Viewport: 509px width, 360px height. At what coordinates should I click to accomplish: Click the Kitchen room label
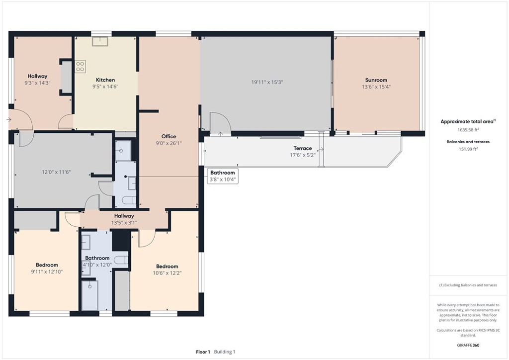point(105,80)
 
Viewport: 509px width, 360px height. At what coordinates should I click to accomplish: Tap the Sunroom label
point(376,80)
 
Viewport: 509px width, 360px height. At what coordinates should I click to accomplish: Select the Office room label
point(169,136)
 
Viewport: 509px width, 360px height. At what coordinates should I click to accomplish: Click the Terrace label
point(303,148)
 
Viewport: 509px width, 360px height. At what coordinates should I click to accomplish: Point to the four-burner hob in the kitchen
point(80,67)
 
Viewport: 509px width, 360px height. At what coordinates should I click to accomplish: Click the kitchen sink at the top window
point(100,41)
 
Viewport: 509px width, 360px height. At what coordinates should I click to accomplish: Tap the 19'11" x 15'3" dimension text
point(267,82)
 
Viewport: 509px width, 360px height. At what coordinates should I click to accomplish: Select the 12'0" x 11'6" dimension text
point(56,172)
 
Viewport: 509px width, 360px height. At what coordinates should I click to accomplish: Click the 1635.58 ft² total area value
point(468,130)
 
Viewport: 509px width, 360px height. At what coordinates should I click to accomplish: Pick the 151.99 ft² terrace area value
point(468,149)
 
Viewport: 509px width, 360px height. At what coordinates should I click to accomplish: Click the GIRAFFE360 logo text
point(468,345)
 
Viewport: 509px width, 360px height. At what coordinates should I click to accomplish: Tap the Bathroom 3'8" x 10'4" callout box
point(223,176)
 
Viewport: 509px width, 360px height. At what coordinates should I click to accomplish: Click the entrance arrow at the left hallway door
point(9,120)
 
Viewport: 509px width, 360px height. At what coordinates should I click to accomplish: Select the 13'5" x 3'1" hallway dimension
point(124,223)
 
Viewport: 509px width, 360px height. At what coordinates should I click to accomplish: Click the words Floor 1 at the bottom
point(203,352)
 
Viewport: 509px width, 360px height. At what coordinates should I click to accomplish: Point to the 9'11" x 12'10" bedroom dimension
point(47,271)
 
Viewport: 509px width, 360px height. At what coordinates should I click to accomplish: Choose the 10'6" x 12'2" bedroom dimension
point(167,273)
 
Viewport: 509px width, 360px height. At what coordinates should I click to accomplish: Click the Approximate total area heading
point(467,122)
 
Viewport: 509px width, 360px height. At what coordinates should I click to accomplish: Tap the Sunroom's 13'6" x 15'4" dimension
point(376,87)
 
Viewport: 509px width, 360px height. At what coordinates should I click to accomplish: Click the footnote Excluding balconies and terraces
point(468,285)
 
